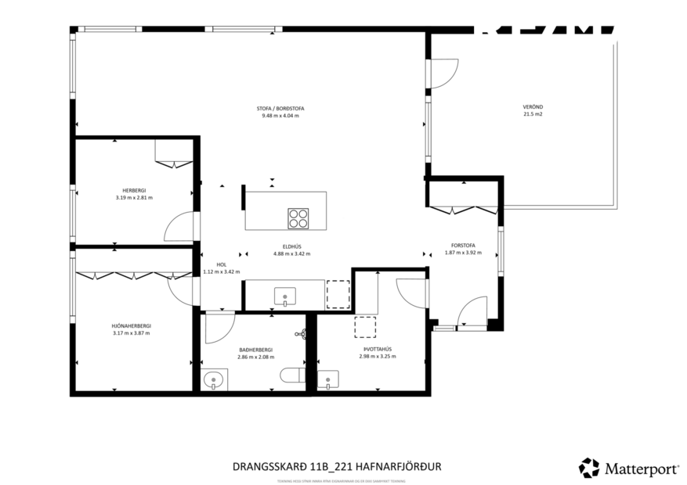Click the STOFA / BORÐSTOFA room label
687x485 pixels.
pos(280,108)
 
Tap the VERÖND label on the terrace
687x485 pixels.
pos(533,106)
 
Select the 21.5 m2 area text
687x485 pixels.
pos(533,114)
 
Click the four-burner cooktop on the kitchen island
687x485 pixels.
pos(298,217)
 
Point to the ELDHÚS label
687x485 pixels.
pos(291,246)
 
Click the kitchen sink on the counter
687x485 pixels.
pos(284,295)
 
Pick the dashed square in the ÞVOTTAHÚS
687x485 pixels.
pos(365,326)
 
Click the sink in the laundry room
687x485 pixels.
pos(332,380)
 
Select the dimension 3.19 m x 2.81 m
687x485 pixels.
pos(133,198)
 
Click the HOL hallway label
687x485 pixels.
pos(221,264)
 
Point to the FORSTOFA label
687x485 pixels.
pos(461,245)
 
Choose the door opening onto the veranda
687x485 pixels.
pos(443,74)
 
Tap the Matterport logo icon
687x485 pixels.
pos(588,468)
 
